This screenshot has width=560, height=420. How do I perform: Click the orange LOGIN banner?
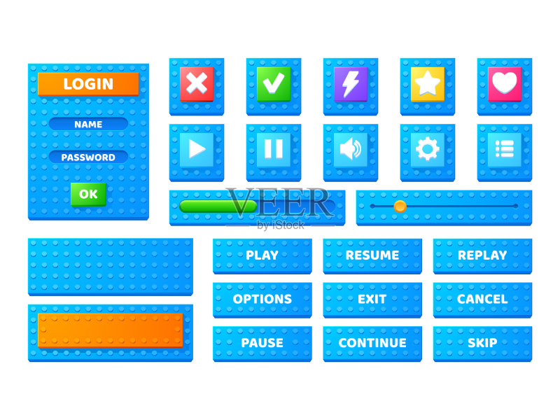88,84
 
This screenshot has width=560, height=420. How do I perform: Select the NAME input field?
88,124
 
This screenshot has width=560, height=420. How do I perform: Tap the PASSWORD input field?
88,157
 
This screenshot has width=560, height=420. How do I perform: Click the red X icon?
197,84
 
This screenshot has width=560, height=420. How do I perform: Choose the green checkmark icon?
274,84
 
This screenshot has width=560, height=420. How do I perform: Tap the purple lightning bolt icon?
351,84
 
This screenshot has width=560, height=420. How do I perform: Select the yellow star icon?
428,84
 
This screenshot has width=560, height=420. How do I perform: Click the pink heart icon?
504,84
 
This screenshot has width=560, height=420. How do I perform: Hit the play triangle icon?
197,150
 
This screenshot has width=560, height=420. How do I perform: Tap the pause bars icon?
274,150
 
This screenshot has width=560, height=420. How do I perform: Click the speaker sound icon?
351,150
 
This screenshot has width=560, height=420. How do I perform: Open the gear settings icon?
428,150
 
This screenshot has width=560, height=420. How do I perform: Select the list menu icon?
504,150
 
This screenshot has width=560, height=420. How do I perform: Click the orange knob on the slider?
400,206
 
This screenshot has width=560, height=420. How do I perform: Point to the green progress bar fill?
218,206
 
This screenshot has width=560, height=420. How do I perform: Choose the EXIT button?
372,300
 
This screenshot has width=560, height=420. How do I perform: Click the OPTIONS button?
262,300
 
